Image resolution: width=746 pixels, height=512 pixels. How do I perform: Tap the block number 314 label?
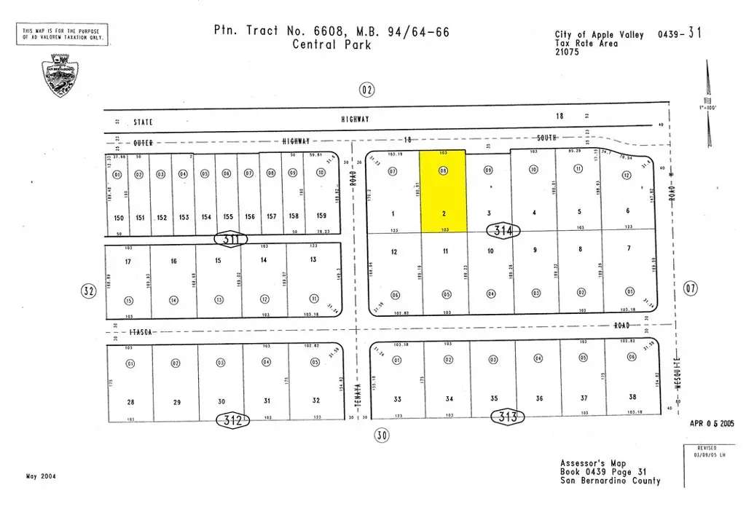(503, 232)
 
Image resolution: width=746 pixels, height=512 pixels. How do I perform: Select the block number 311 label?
(232, 239)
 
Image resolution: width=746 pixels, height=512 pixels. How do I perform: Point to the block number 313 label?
(509, 417)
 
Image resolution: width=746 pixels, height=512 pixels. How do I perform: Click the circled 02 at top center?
(366, 90)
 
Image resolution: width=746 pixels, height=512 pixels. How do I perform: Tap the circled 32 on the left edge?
(89, 291)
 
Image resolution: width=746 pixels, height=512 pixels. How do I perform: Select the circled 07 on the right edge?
(691, 289)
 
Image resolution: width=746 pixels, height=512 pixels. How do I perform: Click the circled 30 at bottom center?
(382, 436)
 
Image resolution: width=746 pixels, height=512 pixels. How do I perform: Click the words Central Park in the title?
(331, 45)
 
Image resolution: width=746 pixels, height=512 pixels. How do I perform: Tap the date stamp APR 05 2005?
(712, 423)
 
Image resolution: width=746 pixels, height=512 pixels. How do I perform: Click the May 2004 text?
(41, 476)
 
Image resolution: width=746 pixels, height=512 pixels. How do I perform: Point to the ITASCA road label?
(141, 332)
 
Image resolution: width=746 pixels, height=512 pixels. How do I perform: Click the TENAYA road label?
(358, 393)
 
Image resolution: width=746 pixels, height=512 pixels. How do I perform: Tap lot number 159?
(321, 216)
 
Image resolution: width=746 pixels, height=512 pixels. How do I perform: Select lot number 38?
(632, 397)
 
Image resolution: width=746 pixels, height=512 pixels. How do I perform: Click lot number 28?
(130, 402)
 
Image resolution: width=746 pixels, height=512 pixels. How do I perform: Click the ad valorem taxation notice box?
(62, 34)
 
